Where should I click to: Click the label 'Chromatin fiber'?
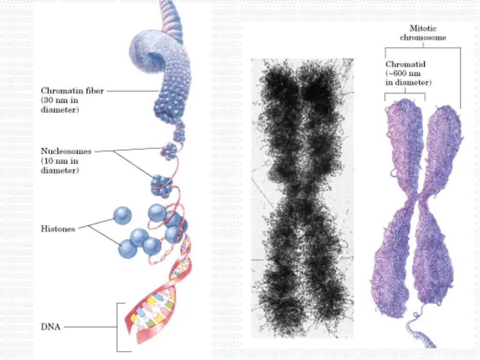[x=72, y=90]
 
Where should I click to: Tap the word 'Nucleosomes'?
[x=66, y=151]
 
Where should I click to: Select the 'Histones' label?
[x=58, y=229]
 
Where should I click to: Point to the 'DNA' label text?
[x=51, y=327]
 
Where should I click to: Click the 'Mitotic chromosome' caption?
[x=422, y=32]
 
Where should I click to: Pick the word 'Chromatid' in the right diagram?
[x=405, y=64]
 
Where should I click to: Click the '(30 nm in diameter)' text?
[x=60, y=105]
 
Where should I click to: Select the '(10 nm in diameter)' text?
[x=60, y=166]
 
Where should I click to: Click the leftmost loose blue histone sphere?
[x=123, y=215]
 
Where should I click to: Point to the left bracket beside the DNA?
[x=117, y=327]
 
